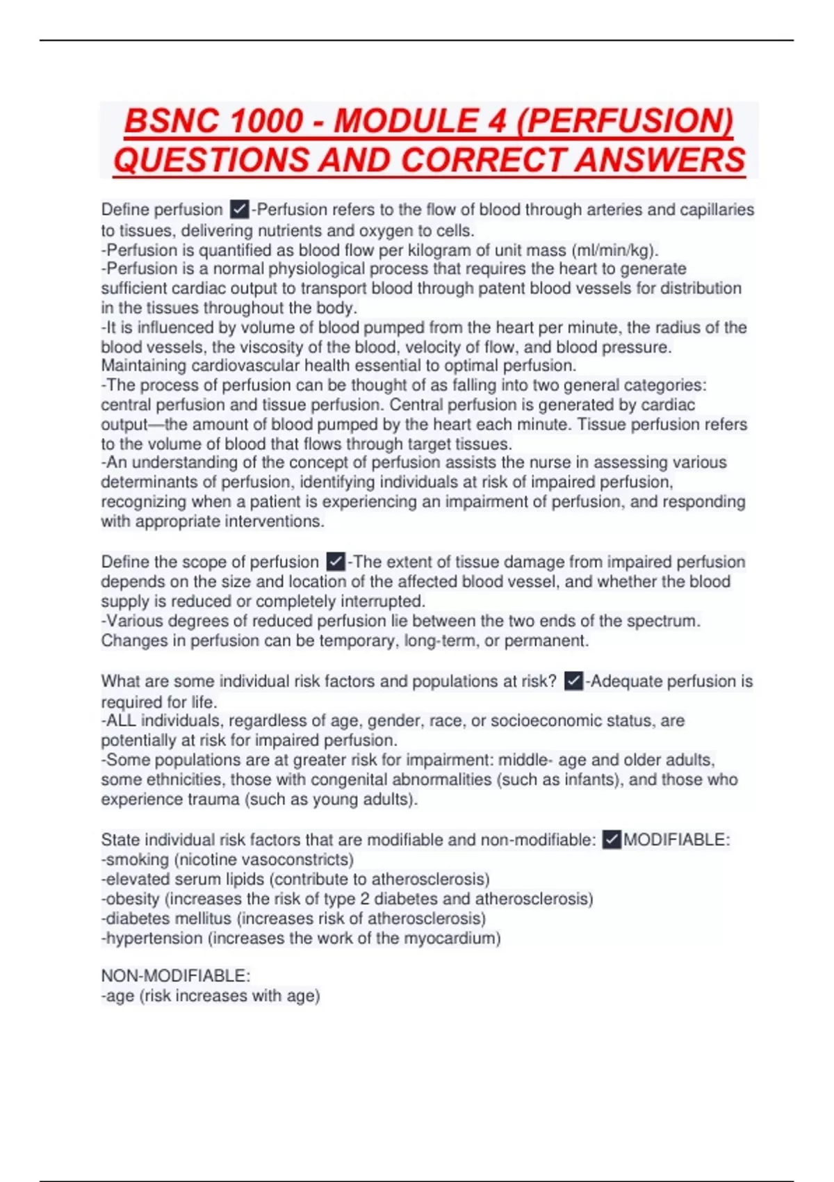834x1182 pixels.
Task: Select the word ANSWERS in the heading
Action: [660, 160]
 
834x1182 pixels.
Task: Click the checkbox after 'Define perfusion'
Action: [239, 209]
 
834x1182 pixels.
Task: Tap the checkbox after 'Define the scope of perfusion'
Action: [336, 561]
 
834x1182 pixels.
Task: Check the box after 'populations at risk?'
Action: [573, 681]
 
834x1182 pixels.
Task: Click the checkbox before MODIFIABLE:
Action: [612, 839]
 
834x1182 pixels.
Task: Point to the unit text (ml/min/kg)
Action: [613, 250]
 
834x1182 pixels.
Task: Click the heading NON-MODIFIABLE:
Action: [176, 975]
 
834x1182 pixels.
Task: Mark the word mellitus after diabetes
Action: [204, 918]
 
